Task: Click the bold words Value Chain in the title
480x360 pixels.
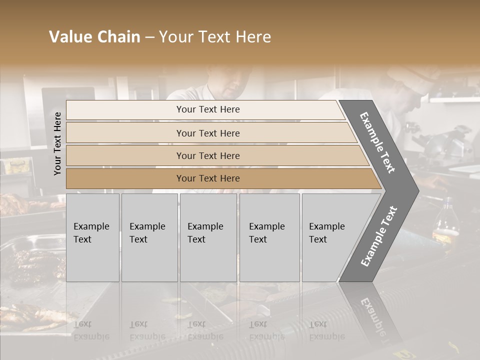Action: click(94, 37)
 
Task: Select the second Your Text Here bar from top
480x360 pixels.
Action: click(208, 133)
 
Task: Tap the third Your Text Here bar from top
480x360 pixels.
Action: click(208, 155)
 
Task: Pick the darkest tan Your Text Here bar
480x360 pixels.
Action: click(208, 178)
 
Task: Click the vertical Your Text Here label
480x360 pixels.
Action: click(57, 143)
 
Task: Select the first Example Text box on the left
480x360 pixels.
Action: click(92, 237)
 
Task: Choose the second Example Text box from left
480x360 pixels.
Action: click(149, 237)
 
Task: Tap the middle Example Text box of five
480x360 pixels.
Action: click(208, 237)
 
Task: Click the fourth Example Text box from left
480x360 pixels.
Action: click(269, 237)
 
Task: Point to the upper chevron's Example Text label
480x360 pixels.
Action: click(377, 142)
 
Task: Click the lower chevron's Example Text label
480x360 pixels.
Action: click(378, 236)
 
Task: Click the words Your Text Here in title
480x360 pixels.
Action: click(215, 37)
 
